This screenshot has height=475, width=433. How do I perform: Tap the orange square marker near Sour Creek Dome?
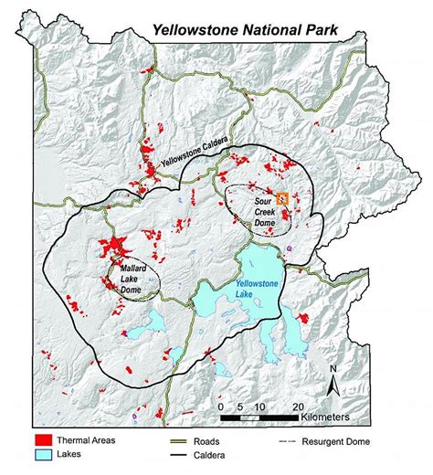(282, 196)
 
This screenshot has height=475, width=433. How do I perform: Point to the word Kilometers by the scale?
(333, 417)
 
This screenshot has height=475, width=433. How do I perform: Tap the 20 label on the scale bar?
(298, 405)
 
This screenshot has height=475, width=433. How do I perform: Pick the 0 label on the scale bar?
(220, 405)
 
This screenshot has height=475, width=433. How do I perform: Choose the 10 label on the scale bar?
(259, 405)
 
